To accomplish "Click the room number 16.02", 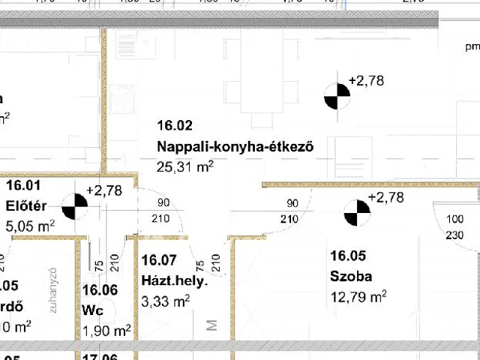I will [175, 125].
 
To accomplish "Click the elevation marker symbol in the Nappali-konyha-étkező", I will [337, 96].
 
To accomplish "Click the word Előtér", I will [26, 205].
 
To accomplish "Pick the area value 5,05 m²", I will [30, 225].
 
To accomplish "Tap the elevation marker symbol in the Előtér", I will [73, 206].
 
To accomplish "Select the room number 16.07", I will [158, 260].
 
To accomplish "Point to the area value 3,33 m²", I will [166, 301].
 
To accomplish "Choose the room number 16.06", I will [100, 290].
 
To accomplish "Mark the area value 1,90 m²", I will [106, 330].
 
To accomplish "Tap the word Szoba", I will [351, 276].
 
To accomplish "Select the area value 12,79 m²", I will [358, 296].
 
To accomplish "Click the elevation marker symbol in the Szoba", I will [357, 213].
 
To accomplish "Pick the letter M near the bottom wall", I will [211, 325].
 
